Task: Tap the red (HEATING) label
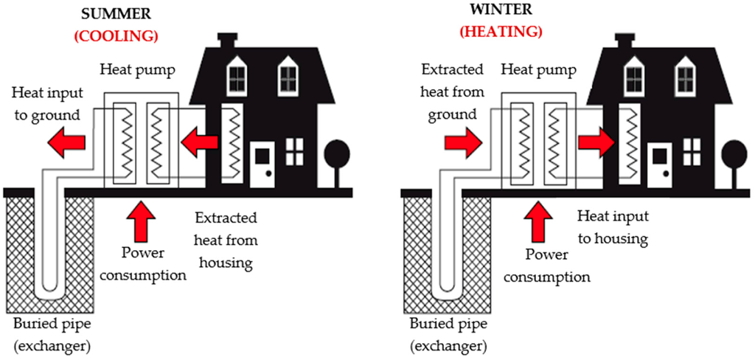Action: click(501, 32)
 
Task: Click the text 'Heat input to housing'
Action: click(613, 227)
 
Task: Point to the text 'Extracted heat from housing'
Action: click(226, 240)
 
